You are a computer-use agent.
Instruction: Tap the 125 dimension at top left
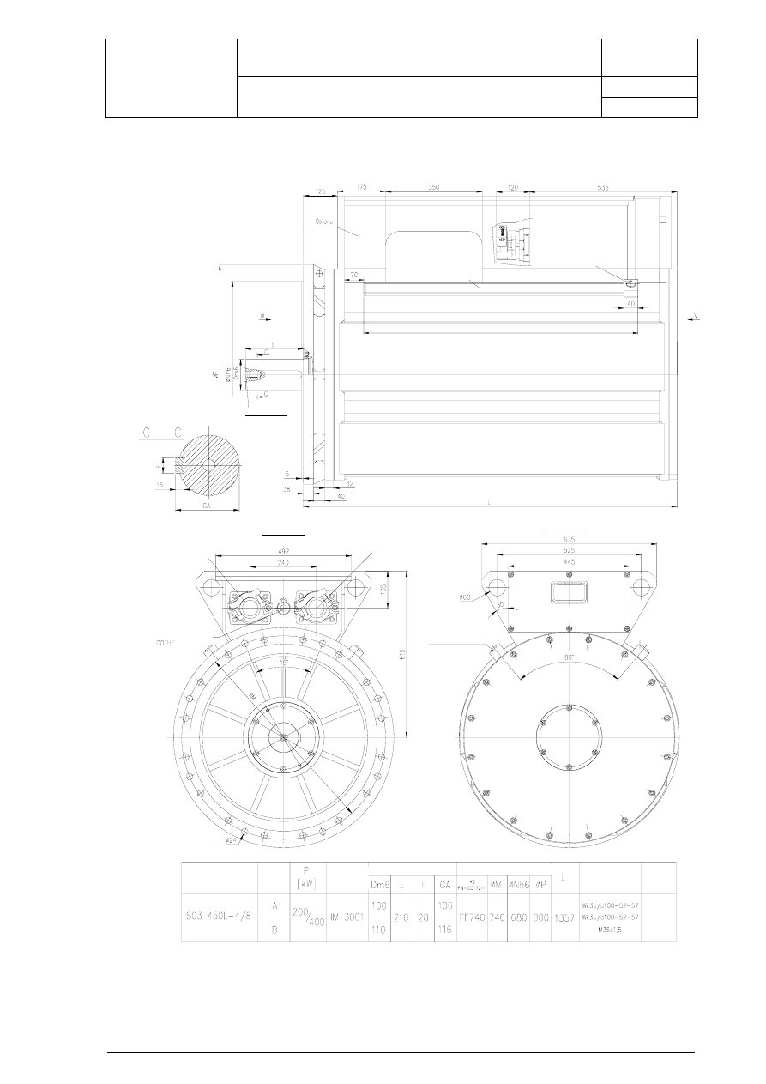(320, 191)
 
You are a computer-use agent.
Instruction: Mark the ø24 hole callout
(231, 840)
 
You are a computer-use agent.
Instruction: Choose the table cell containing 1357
(565, 917)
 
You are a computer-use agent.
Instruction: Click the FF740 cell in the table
(472, 917)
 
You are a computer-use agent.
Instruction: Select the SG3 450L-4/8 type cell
(219, 917)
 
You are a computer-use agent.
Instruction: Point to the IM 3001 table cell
(347, 917)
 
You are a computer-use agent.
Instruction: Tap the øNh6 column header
(518, 885)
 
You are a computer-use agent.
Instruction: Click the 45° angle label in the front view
(284, 662)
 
